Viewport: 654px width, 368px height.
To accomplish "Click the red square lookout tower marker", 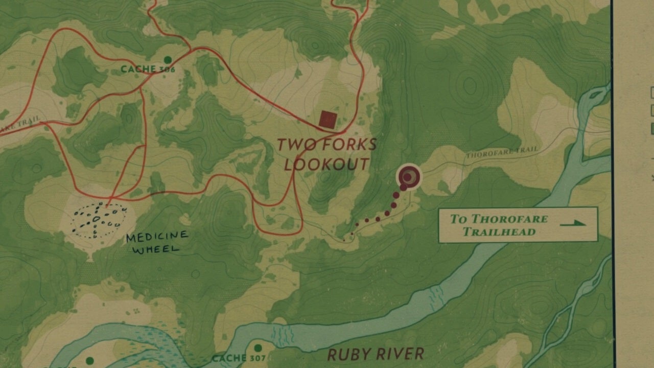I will point(328,120).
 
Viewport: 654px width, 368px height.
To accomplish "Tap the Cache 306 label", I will point(148,69).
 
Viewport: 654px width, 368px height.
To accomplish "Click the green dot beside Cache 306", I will point(168,60).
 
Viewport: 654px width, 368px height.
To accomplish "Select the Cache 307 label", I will point(239,358).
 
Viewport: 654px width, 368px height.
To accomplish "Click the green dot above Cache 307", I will point(258,348).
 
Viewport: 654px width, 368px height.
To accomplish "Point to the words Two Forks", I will point(326,145).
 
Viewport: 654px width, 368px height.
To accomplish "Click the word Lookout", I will point(326,165).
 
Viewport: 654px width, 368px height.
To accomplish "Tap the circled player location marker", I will point(409,177).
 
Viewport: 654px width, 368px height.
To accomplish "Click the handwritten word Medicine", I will point(157,237).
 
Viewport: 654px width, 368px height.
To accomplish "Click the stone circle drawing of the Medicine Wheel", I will point(98,221).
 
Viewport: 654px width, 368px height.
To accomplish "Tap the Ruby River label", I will point(376,354).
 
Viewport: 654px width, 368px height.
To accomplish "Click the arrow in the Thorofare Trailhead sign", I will point(573,223).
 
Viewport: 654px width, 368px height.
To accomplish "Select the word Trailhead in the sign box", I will point(499,232).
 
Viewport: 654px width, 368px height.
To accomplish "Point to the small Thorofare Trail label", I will point(502,151).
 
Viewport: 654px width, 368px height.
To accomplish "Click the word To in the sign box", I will point(458,219).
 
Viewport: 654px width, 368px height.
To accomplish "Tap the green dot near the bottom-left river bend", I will point(90,361).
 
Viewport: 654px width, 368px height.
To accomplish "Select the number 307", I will point(258,358).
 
